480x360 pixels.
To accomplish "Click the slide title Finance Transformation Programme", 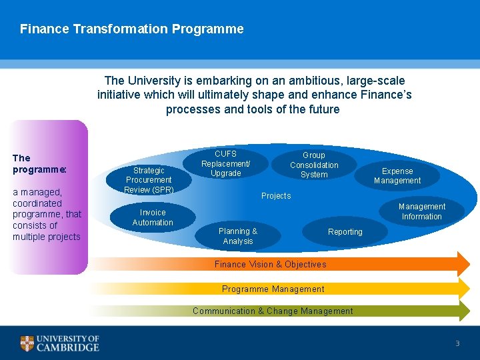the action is click(131, 29).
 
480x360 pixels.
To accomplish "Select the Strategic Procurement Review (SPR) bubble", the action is click(149, 180).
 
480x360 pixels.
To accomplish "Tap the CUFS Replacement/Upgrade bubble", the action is click(226, 163).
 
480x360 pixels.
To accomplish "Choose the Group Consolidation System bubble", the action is click(314, 165).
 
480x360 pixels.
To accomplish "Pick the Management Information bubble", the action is click(422, 211).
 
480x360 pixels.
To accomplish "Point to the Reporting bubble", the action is click(345, 232).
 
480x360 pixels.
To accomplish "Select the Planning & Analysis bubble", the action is click(238, 236).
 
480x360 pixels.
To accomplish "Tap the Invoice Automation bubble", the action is click(153, 217).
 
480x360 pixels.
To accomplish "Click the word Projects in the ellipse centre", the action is click(276, 196).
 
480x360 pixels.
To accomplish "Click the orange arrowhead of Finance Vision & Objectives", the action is click(463, 264).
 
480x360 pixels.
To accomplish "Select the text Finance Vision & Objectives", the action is click(270, 265).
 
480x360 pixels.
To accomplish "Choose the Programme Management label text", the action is click(273, 289).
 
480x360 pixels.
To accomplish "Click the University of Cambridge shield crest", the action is click(27, 343).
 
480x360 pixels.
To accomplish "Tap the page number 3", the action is click(457, 343).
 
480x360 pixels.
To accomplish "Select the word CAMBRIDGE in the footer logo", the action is click(68, 347).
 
